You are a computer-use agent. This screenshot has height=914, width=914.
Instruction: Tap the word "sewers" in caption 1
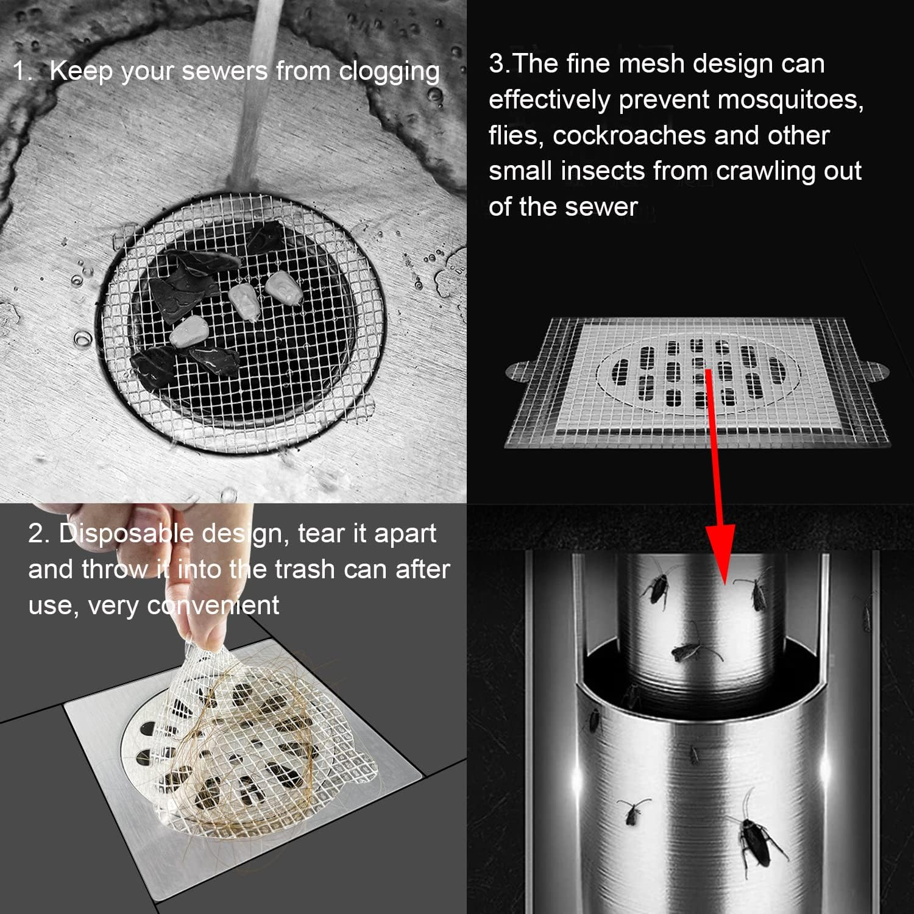[x=225, y=71]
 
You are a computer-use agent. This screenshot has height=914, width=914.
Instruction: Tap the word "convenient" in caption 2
[x=213, y=606]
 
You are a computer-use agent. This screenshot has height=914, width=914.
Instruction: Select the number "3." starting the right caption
[x=498, y=64]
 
